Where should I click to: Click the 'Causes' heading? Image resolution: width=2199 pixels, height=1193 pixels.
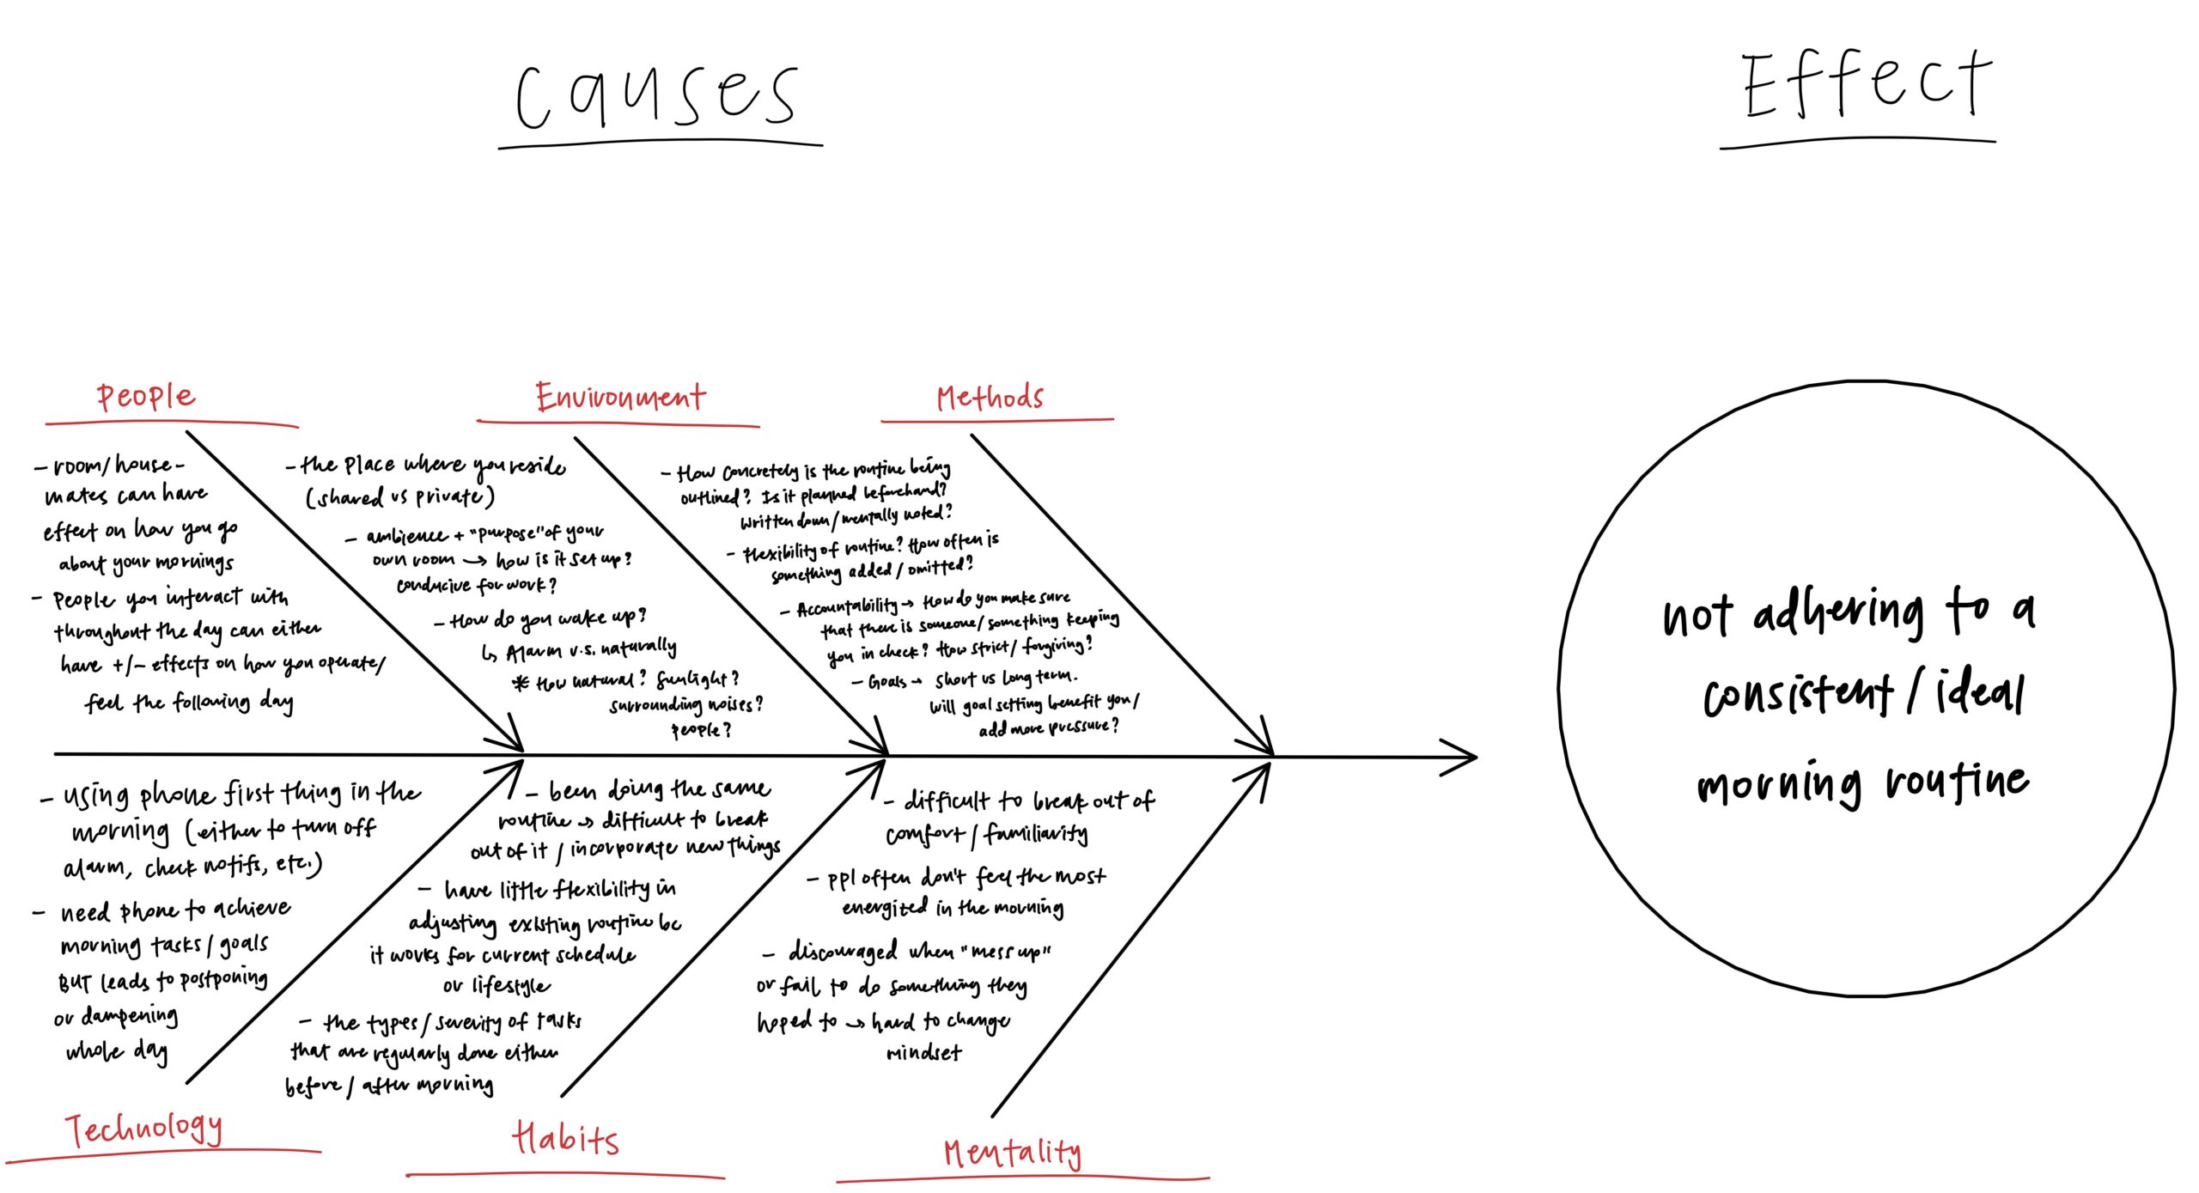tap(657, 96)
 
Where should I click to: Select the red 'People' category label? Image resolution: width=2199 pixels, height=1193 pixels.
tap(146, 397)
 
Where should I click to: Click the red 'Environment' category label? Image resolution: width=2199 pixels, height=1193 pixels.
tap(620, 397)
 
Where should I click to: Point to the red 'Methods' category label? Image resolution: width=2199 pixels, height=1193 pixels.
tap(990, 398)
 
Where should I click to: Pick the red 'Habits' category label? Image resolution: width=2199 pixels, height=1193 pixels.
tap(566, 1139)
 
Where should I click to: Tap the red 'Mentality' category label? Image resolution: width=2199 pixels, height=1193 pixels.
tap(1012, 1153)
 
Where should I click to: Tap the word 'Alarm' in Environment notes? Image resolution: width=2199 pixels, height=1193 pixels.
tap(533, 654)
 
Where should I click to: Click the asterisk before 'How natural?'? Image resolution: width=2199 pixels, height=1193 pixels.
tap(520, 684)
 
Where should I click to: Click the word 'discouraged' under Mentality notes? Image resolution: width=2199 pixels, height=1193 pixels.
tap(843, 952)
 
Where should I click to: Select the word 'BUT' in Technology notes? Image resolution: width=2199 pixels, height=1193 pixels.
tap(75, 983)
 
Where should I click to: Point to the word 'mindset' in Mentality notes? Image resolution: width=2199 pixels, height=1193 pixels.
tap(923, 1053)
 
